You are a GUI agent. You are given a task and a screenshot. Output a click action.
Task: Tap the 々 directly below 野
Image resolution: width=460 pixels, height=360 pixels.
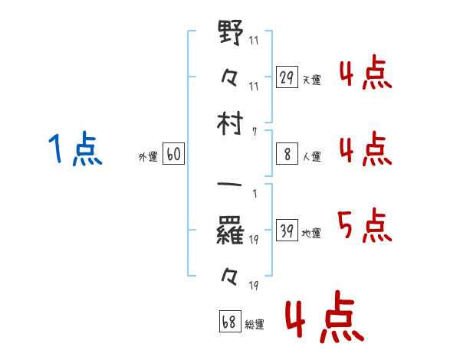tap(231, 77)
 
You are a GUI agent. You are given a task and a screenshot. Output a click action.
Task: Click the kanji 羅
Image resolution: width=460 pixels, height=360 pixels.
tap(231, 231)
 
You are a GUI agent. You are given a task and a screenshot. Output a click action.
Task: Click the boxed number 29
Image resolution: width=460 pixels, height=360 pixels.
tap(287, 77)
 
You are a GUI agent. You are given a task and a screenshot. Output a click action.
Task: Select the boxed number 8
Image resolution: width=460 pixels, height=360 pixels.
tap(287, 154)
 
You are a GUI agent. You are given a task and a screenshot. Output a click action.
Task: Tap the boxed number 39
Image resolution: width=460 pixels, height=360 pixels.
tap(287, 231)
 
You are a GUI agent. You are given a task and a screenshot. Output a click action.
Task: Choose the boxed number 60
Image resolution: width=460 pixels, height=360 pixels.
tap(173, 155)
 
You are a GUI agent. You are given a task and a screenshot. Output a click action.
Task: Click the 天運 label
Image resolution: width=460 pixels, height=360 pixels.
tap(311, 80)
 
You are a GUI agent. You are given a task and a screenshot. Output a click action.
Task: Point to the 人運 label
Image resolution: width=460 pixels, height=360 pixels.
tap(311, 156)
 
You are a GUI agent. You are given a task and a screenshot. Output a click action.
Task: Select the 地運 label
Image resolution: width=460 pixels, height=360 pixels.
tap(311, 233)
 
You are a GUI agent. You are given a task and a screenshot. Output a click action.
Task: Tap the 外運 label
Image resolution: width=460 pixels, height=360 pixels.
tap(148, 157)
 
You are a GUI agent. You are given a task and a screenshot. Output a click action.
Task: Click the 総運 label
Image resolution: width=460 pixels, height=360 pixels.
tap(255, 324)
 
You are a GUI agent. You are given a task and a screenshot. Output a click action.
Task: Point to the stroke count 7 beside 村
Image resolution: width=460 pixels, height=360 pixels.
tap(254, 131)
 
